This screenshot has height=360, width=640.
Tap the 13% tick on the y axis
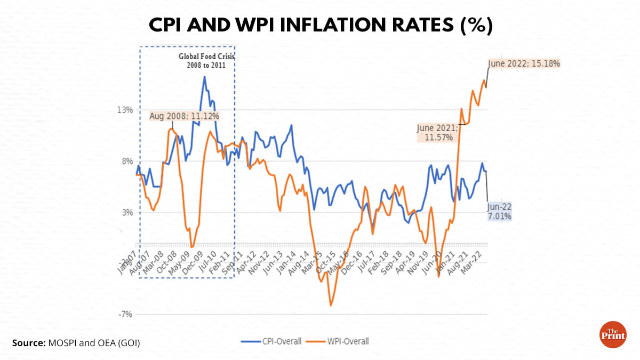point(125,110)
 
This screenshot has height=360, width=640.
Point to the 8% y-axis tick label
point(127,161)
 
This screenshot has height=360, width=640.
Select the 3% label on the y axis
point(127,212)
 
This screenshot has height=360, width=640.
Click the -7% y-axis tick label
point(125,314)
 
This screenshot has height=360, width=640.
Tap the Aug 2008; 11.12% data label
point(184,115)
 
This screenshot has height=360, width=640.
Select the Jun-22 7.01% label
point(499,211)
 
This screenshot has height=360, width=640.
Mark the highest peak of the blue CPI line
point(204,77)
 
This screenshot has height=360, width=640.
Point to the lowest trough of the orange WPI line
point(331,305)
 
